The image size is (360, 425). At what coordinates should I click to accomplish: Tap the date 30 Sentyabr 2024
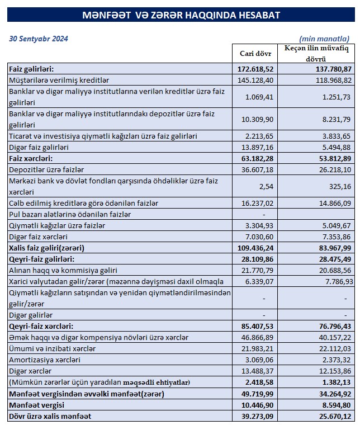coord(39,39)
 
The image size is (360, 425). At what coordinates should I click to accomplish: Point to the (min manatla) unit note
coord(324,39)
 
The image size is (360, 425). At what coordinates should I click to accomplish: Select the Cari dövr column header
coord(255,54)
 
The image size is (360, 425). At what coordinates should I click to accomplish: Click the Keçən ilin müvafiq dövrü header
coord(316,54)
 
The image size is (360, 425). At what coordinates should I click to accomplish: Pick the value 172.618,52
coord(254,69)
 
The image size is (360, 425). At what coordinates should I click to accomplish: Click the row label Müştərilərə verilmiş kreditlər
coord(59,80)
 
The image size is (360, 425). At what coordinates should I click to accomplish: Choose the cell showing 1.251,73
coord(332,97)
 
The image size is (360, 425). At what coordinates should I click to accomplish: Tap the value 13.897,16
coord(254,147)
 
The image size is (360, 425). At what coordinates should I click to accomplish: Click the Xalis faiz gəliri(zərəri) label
coord(50,247)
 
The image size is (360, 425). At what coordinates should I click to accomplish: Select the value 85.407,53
coord(254,326)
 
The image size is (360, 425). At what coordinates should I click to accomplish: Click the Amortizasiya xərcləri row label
coord(45,360)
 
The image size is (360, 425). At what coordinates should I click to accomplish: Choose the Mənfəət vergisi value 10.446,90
coord(254,405)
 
